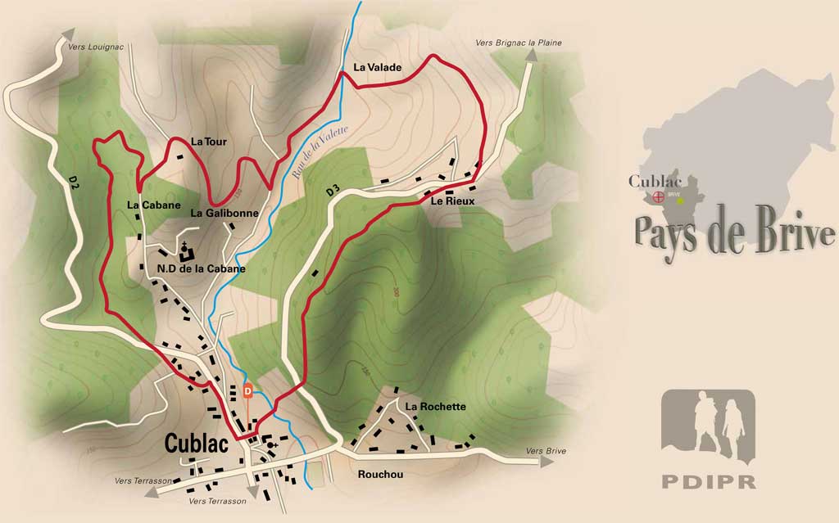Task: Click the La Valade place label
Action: pyautogui.click(x=378, y=67)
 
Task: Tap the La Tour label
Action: pyautogui.click(x=208, y=142)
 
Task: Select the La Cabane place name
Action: pyautogui.click(x=154, y=205)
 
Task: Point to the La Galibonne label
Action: pyautogui.click(x=224, y=213)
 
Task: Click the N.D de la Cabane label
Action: pyautogui.click(x=201, y=268)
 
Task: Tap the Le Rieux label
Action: pyautogui.click(x=452, y=201)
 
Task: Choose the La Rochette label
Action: pyautogui.click(x=436, y=407)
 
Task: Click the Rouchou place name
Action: pyautogui.click(x=381, y=474)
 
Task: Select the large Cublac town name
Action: pyautogui.click(x=201, y=443)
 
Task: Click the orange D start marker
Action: pyautogui.click(x=248, y=391)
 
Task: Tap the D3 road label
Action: pyautogui.click(x=333, y=192)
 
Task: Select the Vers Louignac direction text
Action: pyautogui.click(x=97, y=47)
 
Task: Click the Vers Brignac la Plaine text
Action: pyautogui.click(x=519, y=43)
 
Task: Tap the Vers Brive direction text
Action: pyautogui.click(x=546, y=451)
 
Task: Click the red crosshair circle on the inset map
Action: pyautogui.click(x=657, y=197)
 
